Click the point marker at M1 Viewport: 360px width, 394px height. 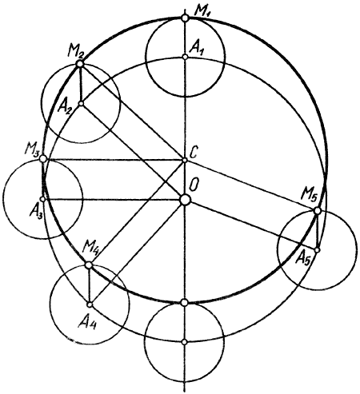coord(185,18)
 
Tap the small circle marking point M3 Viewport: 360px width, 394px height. coord(43,159)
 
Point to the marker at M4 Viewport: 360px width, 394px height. coord(89,265)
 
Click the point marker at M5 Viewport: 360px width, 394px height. coord(318,211)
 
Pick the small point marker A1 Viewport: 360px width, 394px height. coord(185,57)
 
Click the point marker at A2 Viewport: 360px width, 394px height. coord(82,103)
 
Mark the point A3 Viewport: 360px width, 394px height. coord(42,199)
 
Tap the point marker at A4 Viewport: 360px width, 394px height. coord(90,304)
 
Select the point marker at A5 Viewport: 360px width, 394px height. coord(318,250)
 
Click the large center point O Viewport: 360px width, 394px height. coord(185,200)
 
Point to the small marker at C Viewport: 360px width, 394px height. coord(185,160)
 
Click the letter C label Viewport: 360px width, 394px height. coord(194,153)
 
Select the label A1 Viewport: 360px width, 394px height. coord(197,49)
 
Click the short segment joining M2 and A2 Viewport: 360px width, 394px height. coord(81,84)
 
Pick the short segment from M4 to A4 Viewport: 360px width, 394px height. coord(90,285)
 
